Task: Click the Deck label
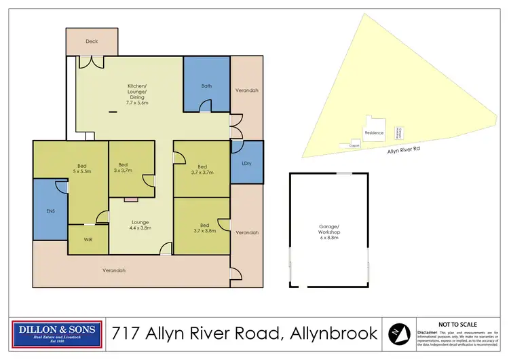(x=92, y=41)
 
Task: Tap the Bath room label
(x=207, y=86)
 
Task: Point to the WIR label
(x=88, y=240)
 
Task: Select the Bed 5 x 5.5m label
(x=81, y=168)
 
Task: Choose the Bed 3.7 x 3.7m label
(x=202, y=170)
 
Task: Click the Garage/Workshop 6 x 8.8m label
(x=330, y=230)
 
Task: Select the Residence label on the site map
(x=374, y=133)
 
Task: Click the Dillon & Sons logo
(x=58, y=333)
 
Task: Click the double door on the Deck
(x=90, y=62)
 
